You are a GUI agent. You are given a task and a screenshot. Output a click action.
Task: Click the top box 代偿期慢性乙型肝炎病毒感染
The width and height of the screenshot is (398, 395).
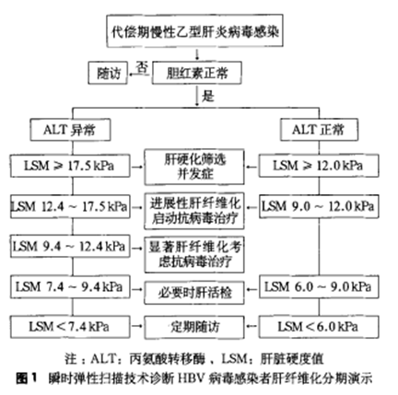pos(194,30)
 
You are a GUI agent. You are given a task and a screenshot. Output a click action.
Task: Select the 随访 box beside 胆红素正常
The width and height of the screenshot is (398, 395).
pos(108,73)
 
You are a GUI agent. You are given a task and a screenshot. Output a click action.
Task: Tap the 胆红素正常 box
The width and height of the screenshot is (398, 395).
pos(197,73)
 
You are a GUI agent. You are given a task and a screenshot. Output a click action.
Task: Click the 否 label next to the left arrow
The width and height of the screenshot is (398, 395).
pos(141,67)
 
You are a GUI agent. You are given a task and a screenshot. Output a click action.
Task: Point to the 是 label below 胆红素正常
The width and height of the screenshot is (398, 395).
pos(207,96)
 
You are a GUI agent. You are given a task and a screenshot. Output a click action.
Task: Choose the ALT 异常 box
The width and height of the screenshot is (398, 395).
pos(70,130)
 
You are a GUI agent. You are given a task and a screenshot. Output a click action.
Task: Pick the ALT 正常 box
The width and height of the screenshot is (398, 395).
pos(319,130)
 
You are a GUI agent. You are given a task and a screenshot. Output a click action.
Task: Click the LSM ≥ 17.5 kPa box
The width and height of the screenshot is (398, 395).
pos(70,166)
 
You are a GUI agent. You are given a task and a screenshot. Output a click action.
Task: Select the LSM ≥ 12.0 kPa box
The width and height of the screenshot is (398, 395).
pos(319,166)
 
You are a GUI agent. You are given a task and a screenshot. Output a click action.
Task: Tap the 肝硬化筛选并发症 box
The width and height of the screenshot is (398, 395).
pos(194,167)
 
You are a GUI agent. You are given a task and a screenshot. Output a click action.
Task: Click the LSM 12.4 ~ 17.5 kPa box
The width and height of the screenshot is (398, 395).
pos(70,206)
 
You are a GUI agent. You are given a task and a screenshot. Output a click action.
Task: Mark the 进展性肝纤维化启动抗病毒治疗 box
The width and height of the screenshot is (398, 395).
pos(194,211)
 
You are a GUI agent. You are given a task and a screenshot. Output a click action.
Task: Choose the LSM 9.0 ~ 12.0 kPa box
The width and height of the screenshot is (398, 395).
pos(319,206)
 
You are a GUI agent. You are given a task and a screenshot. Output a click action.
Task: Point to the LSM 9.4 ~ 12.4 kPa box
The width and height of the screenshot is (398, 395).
pos(70,247)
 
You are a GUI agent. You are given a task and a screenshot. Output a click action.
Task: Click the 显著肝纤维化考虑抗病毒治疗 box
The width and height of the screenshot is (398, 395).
pos(194,255)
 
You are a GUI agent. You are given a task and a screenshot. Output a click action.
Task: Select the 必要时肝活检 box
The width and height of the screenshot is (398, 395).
pos(194,293)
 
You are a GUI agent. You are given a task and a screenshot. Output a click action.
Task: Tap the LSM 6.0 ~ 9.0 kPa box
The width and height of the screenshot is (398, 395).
pos(319,287)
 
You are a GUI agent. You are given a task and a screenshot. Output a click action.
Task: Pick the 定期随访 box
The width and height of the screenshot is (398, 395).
pos(194,327)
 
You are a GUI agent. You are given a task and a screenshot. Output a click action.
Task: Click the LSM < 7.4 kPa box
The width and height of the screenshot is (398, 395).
pos(70,327)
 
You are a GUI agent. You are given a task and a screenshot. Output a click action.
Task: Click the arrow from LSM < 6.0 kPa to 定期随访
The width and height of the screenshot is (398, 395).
pos(252,327)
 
